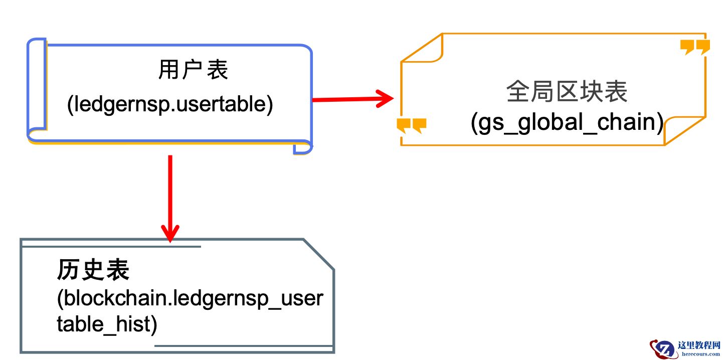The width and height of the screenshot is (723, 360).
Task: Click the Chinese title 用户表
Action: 193,70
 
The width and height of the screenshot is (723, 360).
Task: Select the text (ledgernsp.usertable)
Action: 170,104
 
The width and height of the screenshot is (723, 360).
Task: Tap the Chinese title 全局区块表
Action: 567,92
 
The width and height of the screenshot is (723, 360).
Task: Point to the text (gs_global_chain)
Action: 567,122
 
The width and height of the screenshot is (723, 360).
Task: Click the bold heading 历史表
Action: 93,270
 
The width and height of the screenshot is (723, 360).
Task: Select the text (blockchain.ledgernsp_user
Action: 190,299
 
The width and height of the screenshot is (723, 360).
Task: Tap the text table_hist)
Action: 107,324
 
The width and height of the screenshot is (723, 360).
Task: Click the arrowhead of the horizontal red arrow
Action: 385,98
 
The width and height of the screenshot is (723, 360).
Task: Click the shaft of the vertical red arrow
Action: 170,191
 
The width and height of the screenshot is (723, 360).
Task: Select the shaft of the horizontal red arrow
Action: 346,99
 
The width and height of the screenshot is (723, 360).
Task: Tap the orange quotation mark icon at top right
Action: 695,47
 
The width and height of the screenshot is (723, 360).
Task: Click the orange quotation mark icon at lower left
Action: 411,125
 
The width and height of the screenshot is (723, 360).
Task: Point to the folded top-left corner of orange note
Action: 424,50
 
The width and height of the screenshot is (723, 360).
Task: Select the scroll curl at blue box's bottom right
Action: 302,147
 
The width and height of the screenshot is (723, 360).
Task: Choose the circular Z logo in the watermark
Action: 663,348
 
